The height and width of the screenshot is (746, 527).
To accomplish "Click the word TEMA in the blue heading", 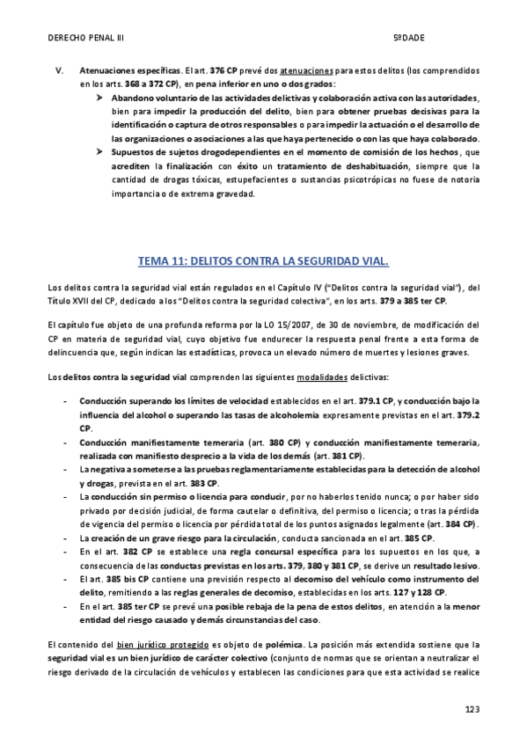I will [x=153, y=261].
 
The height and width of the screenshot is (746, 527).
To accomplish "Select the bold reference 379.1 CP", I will [x=349, y=399].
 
